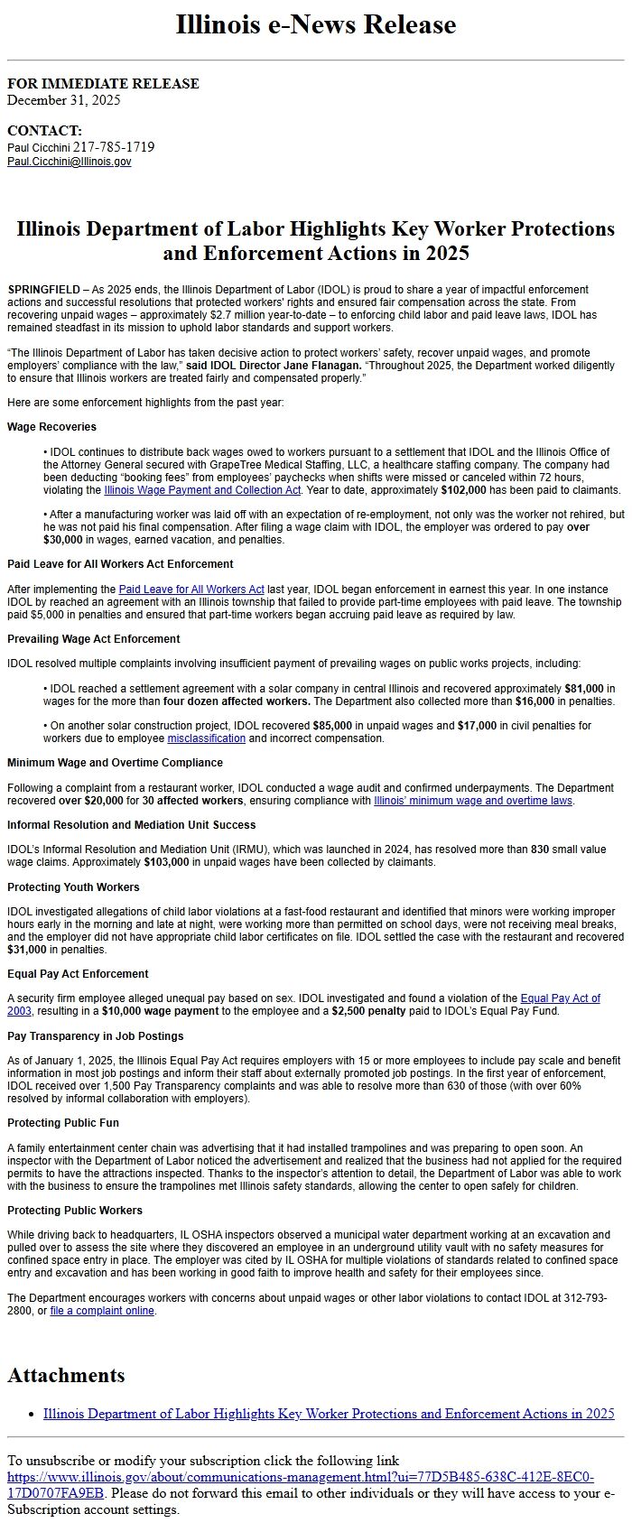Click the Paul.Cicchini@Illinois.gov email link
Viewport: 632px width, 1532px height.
[x=69, y=162]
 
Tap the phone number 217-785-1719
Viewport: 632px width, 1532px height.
[x=114, y=146]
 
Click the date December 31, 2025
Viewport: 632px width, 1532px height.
[x=63, y=100]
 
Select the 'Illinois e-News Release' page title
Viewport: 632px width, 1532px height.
[x=316, y=24]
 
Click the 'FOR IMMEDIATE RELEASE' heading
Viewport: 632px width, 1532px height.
[x=103, y=84]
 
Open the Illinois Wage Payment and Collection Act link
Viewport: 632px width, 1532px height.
[x=202, y=490]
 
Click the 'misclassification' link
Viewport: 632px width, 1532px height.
[x=206, y=738]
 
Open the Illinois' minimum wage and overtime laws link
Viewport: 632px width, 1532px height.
[x=473, y=801]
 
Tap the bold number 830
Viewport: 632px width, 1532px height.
[x=540, y=850]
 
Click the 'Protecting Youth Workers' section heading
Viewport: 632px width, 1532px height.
[x=73, y=887]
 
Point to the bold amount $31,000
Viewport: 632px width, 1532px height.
[x=26, y=950]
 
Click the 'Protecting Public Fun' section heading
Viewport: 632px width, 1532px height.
[x=63, y=1123]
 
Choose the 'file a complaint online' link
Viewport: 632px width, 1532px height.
[x=102, y=1311]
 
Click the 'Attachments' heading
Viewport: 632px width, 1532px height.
[x=66, y=1375]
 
